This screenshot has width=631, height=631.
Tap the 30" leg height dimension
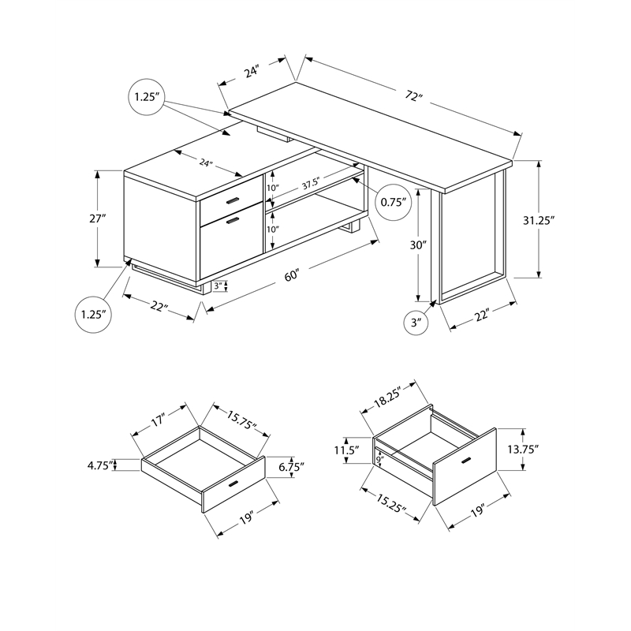point(419,245)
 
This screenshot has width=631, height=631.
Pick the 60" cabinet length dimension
point(292,276)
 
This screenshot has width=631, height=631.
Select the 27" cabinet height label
point(97,218)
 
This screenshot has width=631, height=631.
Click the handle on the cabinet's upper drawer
point(232,203)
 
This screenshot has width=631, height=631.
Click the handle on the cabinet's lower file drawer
point(232,222)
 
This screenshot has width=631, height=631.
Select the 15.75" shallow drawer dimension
point(241,423)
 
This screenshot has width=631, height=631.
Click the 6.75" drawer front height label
point(290,466)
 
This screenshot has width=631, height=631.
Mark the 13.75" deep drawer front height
point(522,450)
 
